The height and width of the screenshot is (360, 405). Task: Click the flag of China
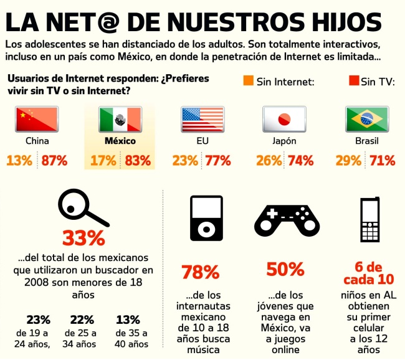37,118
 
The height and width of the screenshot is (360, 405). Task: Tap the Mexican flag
120,118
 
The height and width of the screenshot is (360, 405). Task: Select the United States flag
202,118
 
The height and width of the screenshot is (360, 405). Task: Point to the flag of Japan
284,118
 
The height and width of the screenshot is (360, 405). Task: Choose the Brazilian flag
367,118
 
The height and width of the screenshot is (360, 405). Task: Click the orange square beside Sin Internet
248,80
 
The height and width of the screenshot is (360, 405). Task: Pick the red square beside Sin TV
353,80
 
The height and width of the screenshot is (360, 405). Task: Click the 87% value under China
54,160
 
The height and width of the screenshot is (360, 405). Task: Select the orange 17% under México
103,160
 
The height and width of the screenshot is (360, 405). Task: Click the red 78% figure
200,272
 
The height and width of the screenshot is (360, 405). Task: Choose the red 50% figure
285,269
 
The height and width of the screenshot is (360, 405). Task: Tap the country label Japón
284,141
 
